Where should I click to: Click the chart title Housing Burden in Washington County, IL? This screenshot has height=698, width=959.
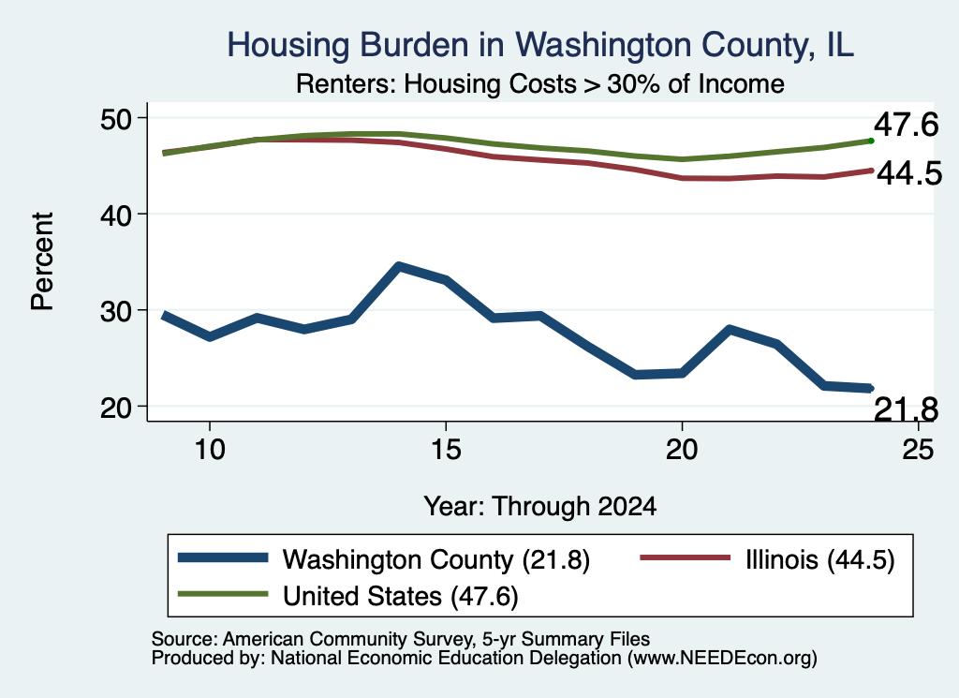[540, 45]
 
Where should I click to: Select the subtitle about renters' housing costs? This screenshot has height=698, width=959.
[540, 83]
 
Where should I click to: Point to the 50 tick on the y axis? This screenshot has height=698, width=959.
[116, 118]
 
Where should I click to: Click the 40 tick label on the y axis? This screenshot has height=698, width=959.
[116, 215]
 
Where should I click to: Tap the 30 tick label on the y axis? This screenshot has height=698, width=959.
[116, 311]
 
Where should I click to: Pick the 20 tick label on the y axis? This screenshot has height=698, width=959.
[116, 407]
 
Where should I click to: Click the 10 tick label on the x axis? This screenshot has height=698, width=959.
[210, 450]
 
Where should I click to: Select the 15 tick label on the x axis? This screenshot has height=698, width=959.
[446, 450]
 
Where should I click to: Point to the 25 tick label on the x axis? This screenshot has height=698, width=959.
[918, 450]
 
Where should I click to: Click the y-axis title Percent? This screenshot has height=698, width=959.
[43, 261]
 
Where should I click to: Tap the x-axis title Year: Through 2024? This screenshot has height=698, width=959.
[540, 507]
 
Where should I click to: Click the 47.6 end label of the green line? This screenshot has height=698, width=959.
[906, 125]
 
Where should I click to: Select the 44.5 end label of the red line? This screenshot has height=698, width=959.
[909, 173]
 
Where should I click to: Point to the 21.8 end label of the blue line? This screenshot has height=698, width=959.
[906, 409]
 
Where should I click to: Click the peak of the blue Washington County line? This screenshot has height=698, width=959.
[399, 267]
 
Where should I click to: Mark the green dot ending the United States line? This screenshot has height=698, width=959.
[871, 141]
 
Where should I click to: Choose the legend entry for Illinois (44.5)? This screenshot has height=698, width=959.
[767, 559]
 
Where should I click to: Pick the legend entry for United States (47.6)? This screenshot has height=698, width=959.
[348, 596]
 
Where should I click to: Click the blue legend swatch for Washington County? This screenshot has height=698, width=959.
[223, 557]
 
